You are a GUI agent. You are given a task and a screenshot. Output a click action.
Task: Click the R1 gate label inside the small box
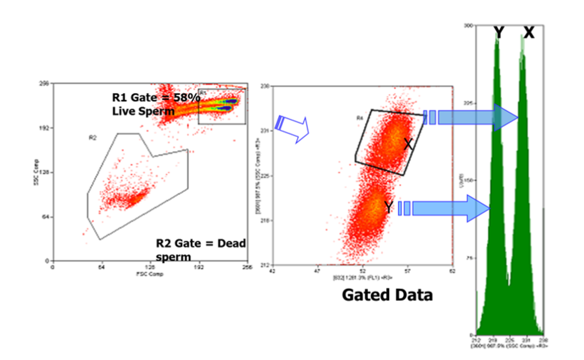204,92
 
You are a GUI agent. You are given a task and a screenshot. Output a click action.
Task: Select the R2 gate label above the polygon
92,137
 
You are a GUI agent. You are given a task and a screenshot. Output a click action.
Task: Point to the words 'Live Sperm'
143,111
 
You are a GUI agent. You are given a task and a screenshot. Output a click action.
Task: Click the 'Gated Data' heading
387,295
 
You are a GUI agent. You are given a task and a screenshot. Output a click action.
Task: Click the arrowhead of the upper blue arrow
506,118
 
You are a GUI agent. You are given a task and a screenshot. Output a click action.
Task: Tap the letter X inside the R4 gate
408,144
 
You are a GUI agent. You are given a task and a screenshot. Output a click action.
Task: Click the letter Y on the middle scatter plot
388,208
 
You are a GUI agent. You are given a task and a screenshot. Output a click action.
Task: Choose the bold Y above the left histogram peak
499,33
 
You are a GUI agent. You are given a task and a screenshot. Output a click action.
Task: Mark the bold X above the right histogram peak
529,33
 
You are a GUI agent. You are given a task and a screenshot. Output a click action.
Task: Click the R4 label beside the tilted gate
360,118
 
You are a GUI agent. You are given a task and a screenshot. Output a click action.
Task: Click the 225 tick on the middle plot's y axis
264,176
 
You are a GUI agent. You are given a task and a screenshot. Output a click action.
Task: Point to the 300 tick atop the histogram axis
468,26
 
